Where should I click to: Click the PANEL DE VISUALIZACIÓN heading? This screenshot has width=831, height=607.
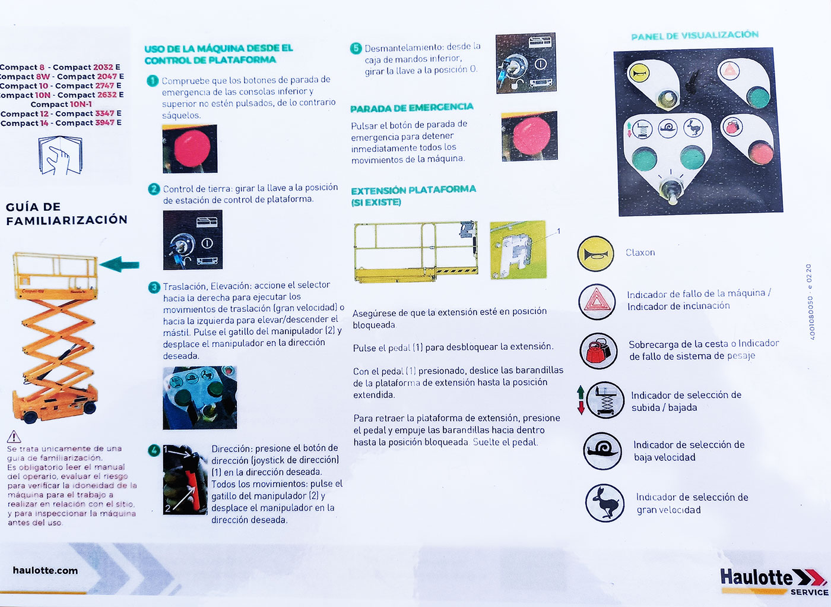pos(695,36)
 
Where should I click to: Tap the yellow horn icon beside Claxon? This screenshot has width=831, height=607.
pos(595,254)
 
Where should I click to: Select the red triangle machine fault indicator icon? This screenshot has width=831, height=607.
pos(597,302)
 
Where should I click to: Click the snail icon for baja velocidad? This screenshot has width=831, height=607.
pos(602,451)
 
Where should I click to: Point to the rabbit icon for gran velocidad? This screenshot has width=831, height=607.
pos(605,503)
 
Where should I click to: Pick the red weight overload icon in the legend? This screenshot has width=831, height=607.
pos(599,351)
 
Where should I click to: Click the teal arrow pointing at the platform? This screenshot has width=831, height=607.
pos(119,264)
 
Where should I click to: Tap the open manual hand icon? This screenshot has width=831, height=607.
pos(60,155)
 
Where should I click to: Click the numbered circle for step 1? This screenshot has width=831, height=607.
pos(153,81)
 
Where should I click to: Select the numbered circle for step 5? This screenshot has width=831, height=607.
pos(356,48)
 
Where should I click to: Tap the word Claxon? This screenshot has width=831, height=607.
pos(640,252)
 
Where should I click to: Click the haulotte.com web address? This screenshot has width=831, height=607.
pos(45,570)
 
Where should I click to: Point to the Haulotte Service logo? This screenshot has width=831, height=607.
pos(774,581)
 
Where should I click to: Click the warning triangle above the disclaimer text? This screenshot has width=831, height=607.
pos(14,437)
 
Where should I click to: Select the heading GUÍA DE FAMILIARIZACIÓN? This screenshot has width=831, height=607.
pos(66,213)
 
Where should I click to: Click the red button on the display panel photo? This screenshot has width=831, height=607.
pos(760,153)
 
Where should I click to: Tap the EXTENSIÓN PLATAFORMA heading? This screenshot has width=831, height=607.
pos(413,195)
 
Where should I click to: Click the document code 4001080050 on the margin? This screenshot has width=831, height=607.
pos(812,318)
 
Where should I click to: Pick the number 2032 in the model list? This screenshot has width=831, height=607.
pos(103,67)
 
